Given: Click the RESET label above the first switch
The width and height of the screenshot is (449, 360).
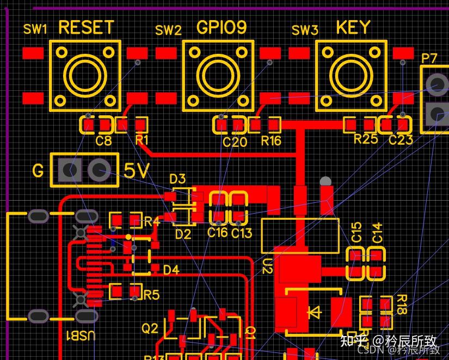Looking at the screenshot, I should (x=86, y=27).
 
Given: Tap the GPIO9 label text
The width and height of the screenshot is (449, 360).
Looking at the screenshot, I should (x=222, y=27).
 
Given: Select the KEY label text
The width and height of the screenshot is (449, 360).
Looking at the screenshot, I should (x=353, y=27).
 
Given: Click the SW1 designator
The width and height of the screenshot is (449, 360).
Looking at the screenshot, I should (x=35, y=29).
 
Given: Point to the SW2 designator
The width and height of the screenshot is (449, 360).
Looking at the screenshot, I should (x=168, y=30).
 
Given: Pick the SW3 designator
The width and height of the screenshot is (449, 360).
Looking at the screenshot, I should (x=305, y=30).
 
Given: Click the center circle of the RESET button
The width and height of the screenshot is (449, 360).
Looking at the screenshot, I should (x=85, y=76).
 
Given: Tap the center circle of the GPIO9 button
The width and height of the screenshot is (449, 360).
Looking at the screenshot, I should (x=218, y=76).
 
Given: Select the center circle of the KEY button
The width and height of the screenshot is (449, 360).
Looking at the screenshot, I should (x=351, y=76).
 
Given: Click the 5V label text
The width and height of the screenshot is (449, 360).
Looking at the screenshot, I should (x=136, y=171).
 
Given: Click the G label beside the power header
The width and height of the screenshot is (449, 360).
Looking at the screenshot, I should (x=38, y=172).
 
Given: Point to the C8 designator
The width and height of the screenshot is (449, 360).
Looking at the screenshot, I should (x=103, y=141).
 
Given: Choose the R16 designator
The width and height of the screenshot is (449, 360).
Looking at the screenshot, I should (x=271, y=141).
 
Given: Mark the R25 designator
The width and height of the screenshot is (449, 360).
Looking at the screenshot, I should (x=365, y=139).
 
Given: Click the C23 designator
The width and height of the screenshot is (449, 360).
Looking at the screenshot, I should (x=401, y=140).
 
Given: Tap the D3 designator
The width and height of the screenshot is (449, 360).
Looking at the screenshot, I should (x=177, y=178).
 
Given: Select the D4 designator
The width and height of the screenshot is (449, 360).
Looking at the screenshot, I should (x=171, y=270).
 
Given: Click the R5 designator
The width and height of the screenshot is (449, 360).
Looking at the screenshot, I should (x=151, y=295).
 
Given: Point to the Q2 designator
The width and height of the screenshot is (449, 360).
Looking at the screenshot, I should (x=150, y=328).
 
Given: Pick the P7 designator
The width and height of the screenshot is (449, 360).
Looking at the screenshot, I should (x=429, y=58).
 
